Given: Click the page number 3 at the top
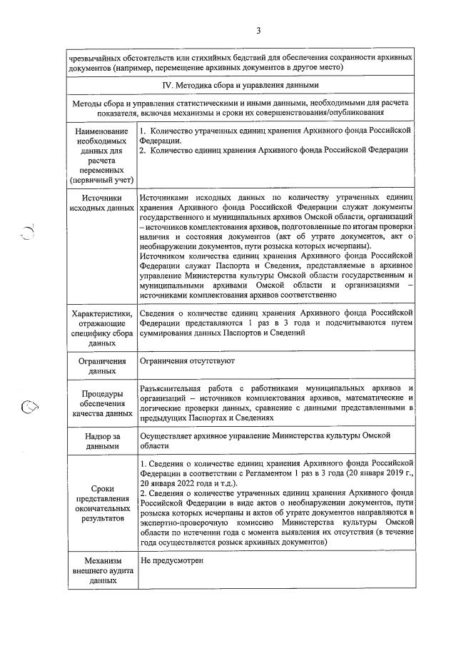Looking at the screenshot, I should pyautogui.click(x=258, y=30).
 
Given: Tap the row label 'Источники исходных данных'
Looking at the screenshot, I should pyautogui.click(x=101, y=203).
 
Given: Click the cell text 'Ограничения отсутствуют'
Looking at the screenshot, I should pyautogui.click(x=187, y=363).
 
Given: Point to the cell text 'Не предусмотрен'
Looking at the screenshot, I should pyautogui.click(x=173, y=560).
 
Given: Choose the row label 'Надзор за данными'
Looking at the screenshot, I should pyautogui.click(x=101, y=440).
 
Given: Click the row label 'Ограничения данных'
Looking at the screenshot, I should pyautogui.click(x=101, y=367).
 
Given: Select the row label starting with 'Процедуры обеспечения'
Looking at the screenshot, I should pyautogui.click(x=101, y=403).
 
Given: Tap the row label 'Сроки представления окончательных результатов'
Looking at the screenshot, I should pyautogui.click(x=101, y=504).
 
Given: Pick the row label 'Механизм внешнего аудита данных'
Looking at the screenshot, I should pyautogui.click(x=101, y=571).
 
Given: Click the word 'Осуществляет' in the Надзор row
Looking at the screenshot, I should pyautogui.click(x=169, y=434).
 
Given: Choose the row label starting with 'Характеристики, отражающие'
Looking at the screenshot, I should pyautogui.click(x=101, y=328).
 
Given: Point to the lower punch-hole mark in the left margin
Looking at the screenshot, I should pyautogui.click(x=29, y=407).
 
